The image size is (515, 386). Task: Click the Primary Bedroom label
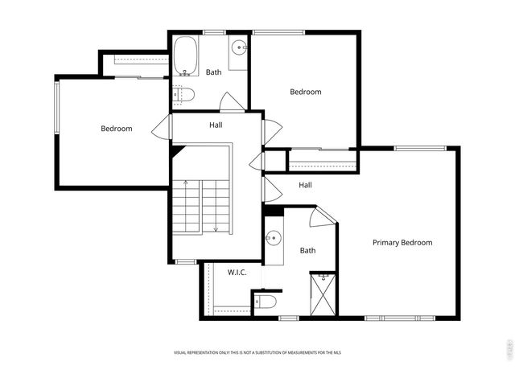pyautogui.click(x=402, y=243)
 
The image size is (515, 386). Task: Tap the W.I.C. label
pyautogui.click(x=237, y=273)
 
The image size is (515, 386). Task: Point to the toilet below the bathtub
pyautogui.click(x=184, y=96)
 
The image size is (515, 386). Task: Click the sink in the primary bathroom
pyautogui.click(x=273, y=239)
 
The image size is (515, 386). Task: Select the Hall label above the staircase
pyautogui.click(x=216, y=125)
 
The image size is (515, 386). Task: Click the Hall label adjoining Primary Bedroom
pyautogui.click(x=305, y=185)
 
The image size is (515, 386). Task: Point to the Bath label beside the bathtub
pyautogui.click(x=213, y=72)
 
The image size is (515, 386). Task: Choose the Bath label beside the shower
pyautogui.click(x=307, y=251)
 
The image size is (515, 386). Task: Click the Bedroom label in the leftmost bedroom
pyautogui.click(x=117, y=129)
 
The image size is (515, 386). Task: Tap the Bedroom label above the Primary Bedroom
pyautogui.click(x=305, y=92)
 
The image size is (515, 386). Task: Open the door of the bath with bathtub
pyautogui.click(x=231, y=103)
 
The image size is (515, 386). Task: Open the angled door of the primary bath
pyautogui.click(x=323, y=216)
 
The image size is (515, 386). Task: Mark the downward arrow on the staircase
pyautogui.click(x=215, y=228)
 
